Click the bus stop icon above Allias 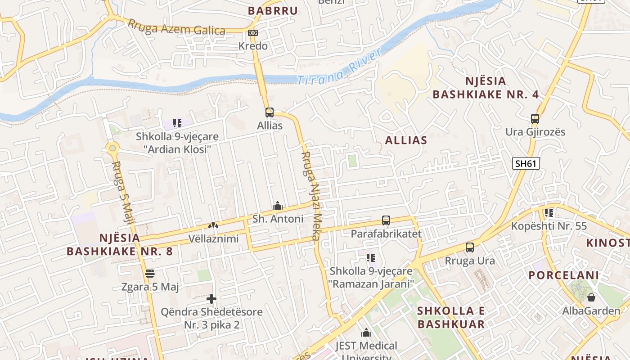click(269, 112)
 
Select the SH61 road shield click(526, 163)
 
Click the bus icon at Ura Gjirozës click(535, 119)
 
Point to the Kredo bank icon click(253, 33)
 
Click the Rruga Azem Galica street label click(176, 27)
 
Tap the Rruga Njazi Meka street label click(310, 196)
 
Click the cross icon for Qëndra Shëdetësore click(211, 298)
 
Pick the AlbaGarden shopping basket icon click(591, 297)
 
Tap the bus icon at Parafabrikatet click(386, 220)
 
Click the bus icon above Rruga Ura click(469, 247)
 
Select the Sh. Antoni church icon click(278, 206)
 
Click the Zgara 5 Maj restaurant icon click(150, 274)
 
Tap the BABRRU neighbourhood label click(273, 11)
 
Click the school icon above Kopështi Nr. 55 click(549, 212)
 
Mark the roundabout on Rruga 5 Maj click(112, 147)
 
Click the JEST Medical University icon click(366, 333)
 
